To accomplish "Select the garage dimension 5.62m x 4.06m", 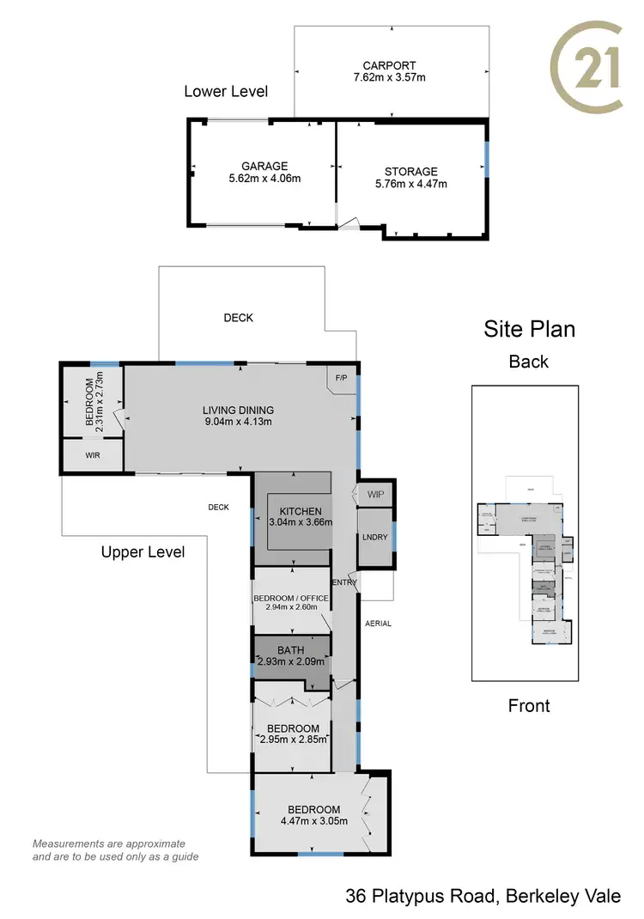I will [264, 179].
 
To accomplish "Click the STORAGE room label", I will [410, 171].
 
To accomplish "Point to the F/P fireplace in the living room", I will [340, 377].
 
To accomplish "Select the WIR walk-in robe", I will [92, 455].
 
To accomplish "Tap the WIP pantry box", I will [375, 495].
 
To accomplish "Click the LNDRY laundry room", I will [374, 537].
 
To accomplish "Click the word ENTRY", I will [344, 583].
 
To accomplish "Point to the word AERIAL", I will [378, 624].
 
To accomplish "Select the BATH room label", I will [291, 650].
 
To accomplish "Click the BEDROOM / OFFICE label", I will [291, 598].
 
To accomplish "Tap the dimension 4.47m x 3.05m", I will [313, 821].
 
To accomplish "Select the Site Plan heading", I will [529, 329].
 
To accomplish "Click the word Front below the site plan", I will [529, 705].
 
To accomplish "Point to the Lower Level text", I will [226, 91].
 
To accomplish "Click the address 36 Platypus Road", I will [420, 897].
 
